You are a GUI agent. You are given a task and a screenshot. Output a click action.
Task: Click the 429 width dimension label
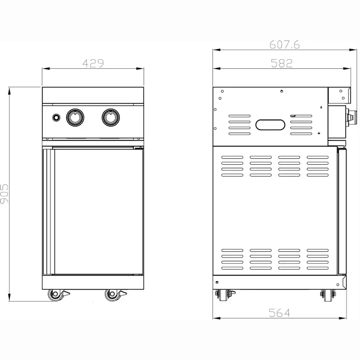click(93, 63)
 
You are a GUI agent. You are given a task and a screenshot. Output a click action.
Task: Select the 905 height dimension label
click(4, 194)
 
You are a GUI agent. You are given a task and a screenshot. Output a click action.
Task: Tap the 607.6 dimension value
click(285, 44)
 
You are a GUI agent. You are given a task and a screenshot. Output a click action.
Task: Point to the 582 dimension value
click(282, 63)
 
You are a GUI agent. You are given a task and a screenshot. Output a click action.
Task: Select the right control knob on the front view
click(111, 117)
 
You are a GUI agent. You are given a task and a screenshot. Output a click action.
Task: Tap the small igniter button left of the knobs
click(56, 117)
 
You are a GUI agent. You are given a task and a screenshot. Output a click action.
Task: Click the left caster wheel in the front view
click(55, 295)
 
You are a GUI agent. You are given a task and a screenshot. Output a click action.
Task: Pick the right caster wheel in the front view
click(112, 295)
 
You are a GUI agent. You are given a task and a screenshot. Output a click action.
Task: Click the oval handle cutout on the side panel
click(270, 125)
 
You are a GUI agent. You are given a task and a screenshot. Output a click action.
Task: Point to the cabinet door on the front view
click(97, 211)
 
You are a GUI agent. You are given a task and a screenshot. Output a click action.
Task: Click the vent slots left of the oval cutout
click(239, 125)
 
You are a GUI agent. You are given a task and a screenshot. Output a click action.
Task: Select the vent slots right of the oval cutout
click(301, 125)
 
